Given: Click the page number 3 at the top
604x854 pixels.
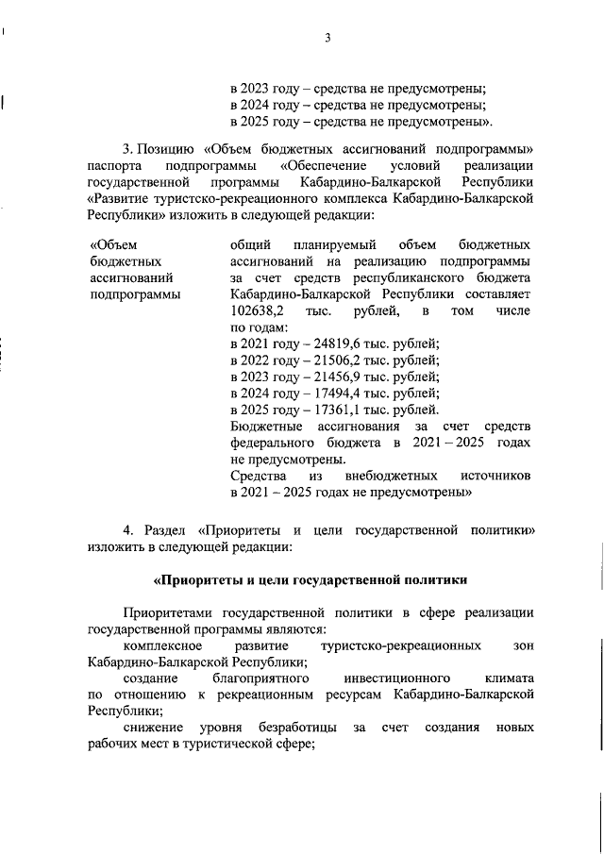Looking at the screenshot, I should (327, 39).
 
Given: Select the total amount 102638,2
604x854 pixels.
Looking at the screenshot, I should (255, 310).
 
